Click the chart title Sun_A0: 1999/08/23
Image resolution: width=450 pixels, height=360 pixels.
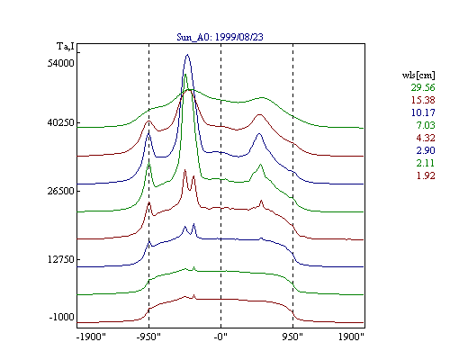tap(220, 37)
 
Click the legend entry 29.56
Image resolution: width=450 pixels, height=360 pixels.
tap(423, 87)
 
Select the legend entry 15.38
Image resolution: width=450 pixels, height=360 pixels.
tap(423, 100)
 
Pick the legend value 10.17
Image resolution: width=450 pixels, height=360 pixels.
tap(423, 112)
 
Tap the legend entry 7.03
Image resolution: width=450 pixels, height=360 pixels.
tap(426, 125)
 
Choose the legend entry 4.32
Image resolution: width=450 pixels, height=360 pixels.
tap(426, 138)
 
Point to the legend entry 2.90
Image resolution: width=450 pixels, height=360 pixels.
tap(426, 150)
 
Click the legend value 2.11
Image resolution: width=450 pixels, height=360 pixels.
tap(426, 163)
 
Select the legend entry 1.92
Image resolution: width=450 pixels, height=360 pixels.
tap(426, 175)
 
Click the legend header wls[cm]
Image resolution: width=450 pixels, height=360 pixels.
tap(418, 76)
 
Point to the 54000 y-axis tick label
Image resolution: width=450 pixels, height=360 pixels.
tap(60, 64)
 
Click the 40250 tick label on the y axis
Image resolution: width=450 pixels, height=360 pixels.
tap(60, 123)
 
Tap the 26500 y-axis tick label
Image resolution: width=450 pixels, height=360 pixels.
tap(60, 191)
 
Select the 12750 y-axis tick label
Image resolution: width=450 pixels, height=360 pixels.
tap(60, 259)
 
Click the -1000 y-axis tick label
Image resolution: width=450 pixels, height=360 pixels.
tap(61, 317)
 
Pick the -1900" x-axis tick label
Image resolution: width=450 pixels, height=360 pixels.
tap(91, 337)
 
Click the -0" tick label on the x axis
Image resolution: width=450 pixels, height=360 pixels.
tap(220, 337)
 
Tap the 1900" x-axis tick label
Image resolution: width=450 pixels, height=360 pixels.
tap(351, 337)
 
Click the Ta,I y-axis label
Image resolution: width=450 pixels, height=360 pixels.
tap(66, 47)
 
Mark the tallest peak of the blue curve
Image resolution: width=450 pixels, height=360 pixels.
tap(187, 55)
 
